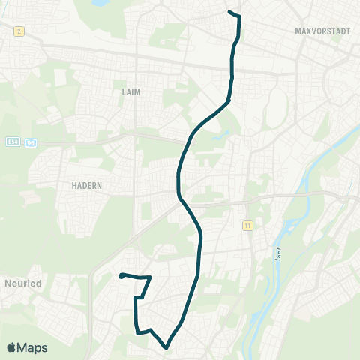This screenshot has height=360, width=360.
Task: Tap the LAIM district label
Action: tap(130, 91)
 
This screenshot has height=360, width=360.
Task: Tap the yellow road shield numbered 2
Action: tap(19, 31)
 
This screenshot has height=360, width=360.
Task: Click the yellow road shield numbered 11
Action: tap(247, 225)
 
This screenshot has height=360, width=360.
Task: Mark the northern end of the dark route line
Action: tap(229, 13)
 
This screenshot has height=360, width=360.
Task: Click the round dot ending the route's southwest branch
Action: tap(121, 276)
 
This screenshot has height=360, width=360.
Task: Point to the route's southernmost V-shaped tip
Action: tap(166, 346)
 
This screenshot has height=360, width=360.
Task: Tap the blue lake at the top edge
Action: tap(100, 3)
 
